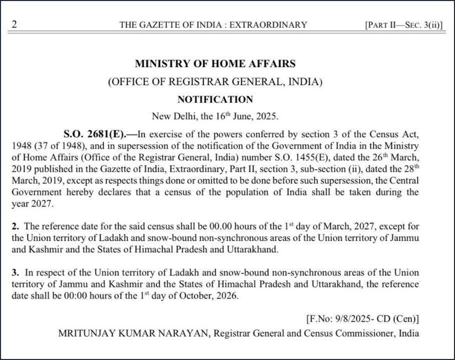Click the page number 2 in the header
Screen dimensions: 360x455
click(15, 25)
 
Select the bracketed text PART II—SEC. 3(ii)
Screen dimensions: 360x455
click(404, 25)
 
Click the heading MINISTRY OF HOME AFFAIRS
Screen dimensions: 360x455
click(215, 64)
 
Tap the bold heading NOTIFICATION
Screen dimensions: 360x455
click(215, 99)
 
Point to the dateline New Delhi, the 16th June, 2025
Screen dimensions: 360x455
click(215, 117)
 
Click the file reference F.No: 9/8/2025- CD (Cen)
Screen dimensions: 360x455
click(362, 318)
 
